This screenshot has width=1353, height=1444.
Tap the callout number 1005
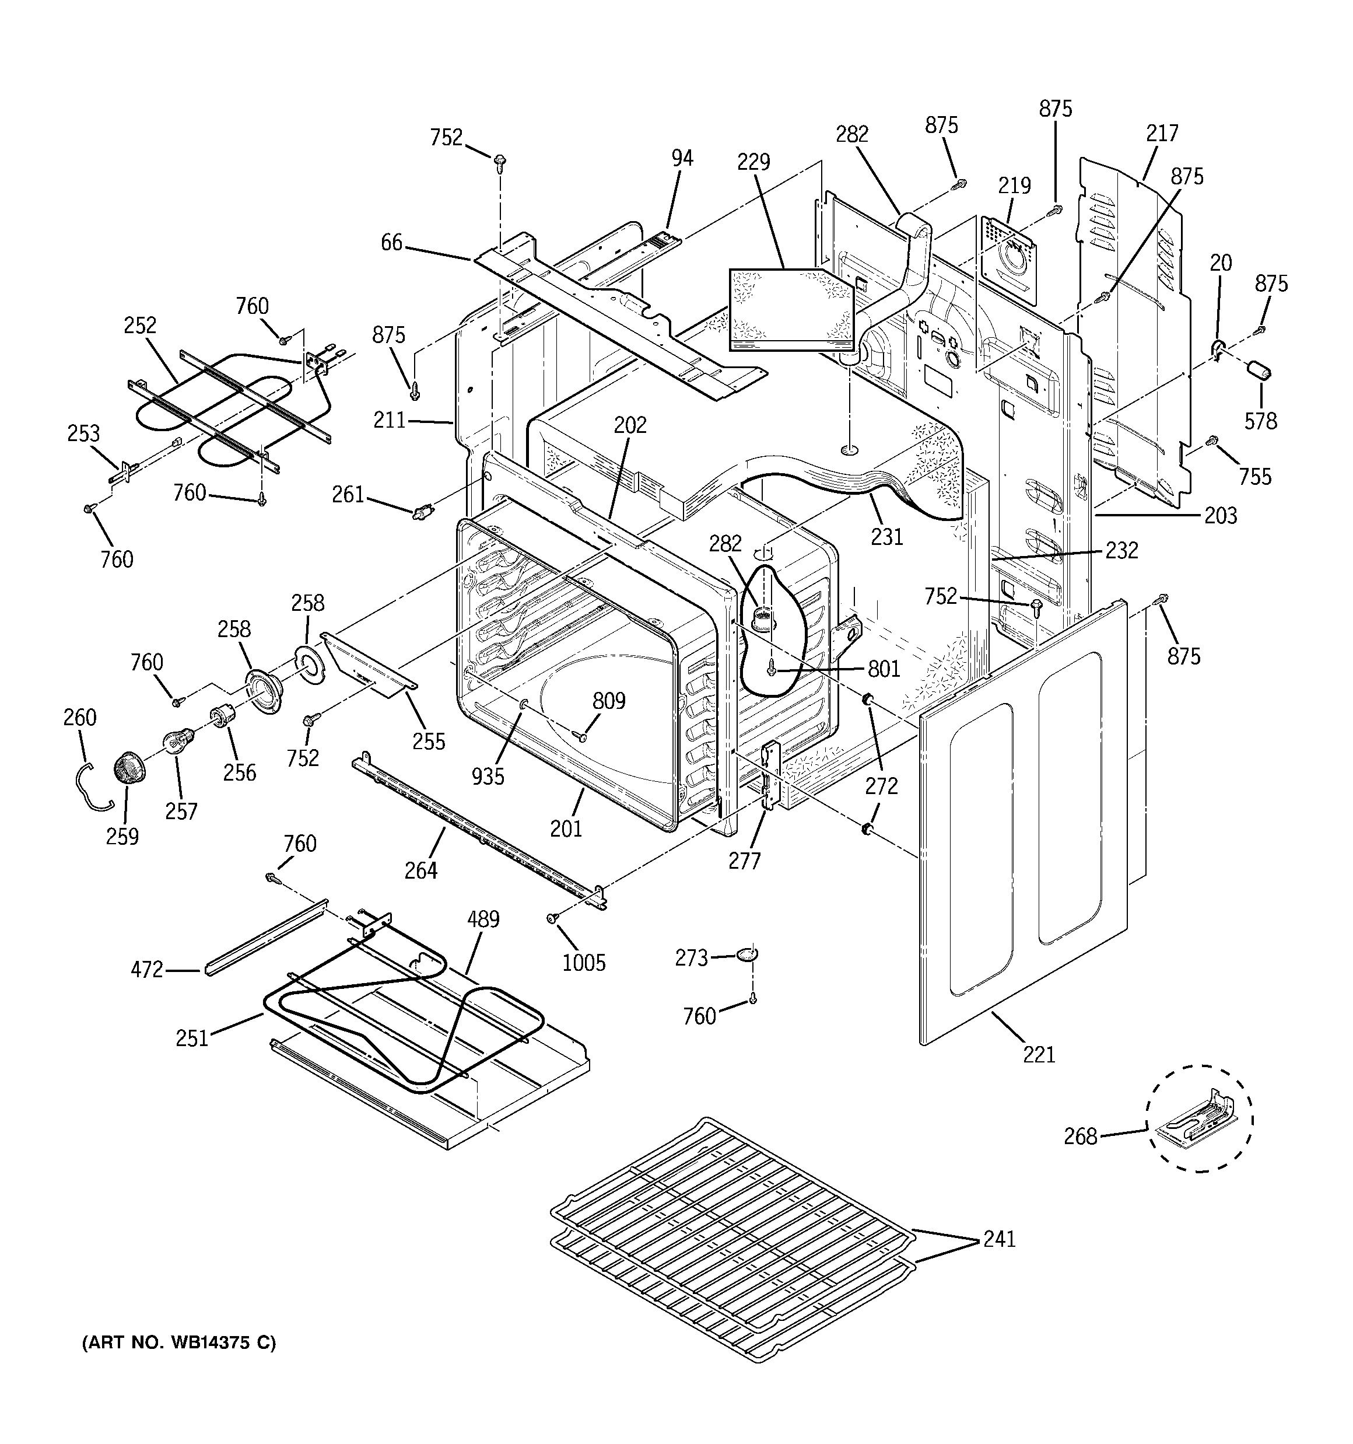click(583, 963)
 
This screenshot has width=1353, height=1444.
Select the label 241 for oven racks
click(998, 1239)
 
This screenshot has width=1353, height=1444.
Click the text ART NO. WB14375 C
click(178, 1343)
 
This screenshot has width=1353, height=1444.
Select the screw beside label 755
click(1211, 441)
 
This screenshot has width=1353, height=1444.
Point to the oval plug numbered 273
click(746, 954)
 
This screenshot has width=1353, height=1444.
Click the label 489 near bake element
click(483, 919)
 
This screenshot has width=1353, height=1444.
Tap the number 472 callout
click(147, 970)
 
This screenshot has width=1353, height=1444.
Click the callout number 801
click(884, 668)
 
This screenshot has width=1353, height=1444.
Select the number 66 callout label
click(391, 243)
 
